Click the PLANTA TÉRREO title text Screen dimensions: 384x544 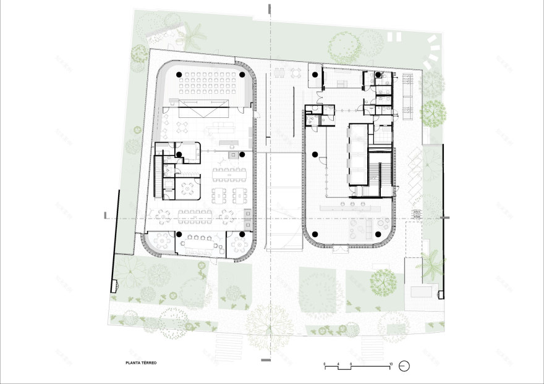[140, 364]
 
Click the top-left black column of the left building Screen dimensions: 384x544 [179, 75]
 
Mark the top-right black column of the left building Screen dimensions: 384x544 [242, 75]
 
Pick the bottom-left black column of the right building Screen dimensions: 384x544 [316, 233]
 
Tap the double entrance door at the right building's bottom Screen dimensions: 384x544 [340, 248]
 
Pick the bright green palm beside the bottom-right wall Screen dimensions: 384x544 [431, 262]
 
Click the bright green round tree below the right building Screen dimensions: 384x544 [384, 281]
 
